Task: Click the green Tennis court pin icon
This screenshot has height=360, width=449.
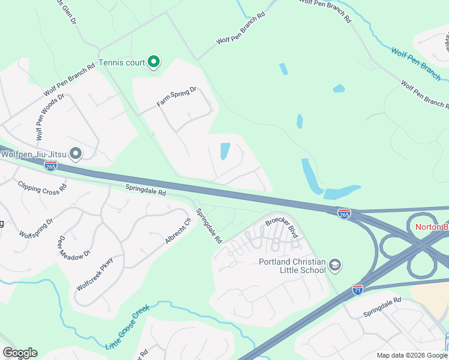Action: click(154, 62)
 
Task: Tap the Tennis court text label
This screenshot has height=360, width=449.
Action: click(122, 62)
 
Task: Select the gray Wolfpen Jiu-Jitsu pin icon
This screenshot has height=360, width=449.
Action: click(75, 154)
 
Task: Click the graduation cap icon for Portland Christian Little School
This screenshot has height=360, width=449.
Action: click(335, 264)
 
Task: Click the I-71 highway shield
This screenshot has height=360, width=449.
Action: click(358, 289)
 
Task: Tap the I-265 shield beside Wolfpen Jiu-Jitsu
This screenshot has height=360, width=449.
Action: click(51, 165)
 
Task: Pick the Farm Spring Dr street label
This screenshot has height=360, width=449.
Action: click(177, 97)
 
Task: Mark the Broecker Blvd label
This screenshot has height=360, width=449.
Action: click(282, 226)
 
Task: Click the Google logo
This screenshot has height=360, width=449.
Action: click(20, 353)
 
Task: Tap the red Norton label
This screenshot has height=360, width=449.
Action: click(432, 227)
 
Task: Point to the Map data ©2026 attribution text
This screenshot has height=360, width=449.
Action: click(412, 355)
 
